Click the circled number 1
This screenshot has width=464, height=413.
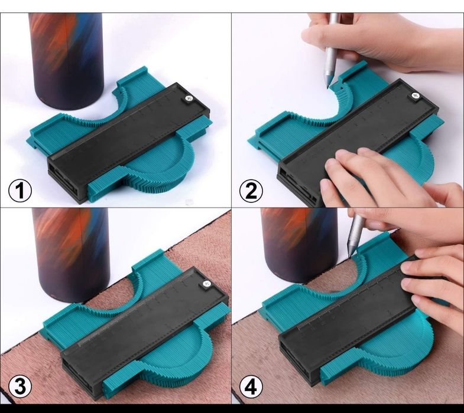(x=20, y=190)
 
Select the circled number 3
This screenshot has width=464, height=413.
(x=20, y=387)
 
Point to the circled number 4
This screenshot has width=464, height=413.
(x=251, y=387)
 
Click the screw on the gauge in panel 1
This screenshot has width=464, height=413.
(x=187, y=99)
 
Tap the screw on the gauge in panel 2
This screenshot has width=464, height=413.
(x=416, y=96)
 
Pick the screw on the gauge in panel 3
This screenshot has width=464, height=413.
(x=207, y=284)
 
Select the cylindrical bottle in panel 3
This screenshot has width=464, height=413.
(x=71, y=254)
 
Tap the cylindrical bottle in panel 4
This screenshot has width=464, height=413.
(x=300, y=244)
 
